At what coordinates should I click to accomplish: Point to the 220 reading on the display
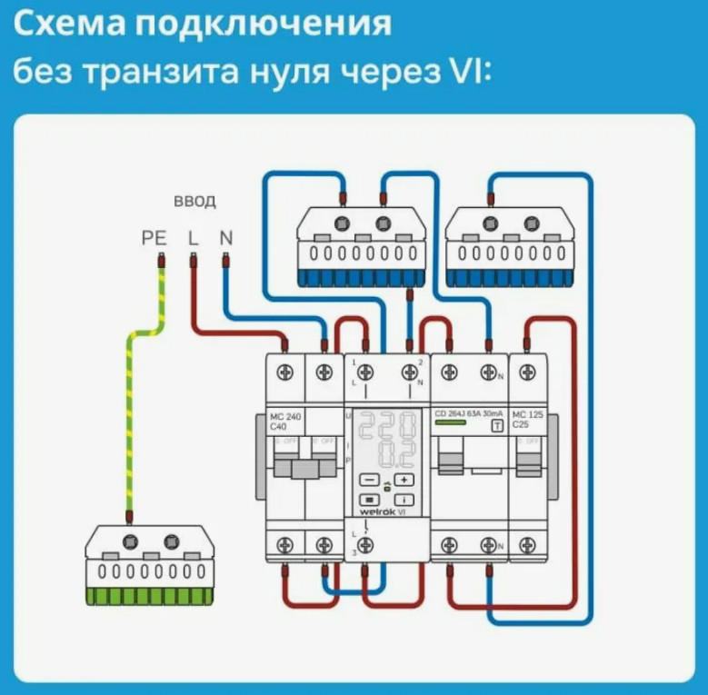[386, 426]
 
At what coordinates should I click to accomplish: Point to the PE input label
[155, 238]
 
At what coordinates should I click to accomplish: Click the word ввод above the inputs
[194, 201]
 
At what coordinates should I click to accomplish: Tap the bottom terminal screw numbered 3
[365, 544]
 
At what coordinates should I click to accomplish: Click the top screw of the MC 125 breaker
[528, 371]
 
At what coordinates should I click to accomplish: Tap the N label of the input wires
[225, 238]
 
